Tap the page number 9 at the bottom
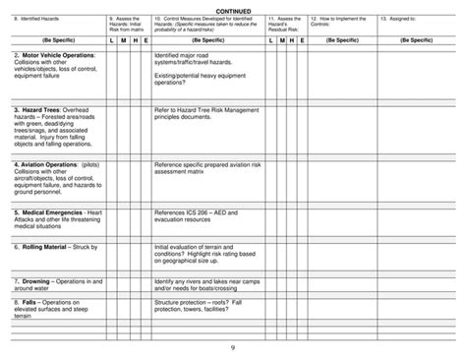tap(232, 348)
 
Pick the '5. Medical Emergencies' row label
tap(52, 211)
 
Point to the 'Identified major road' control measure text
tap(183, 55)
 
